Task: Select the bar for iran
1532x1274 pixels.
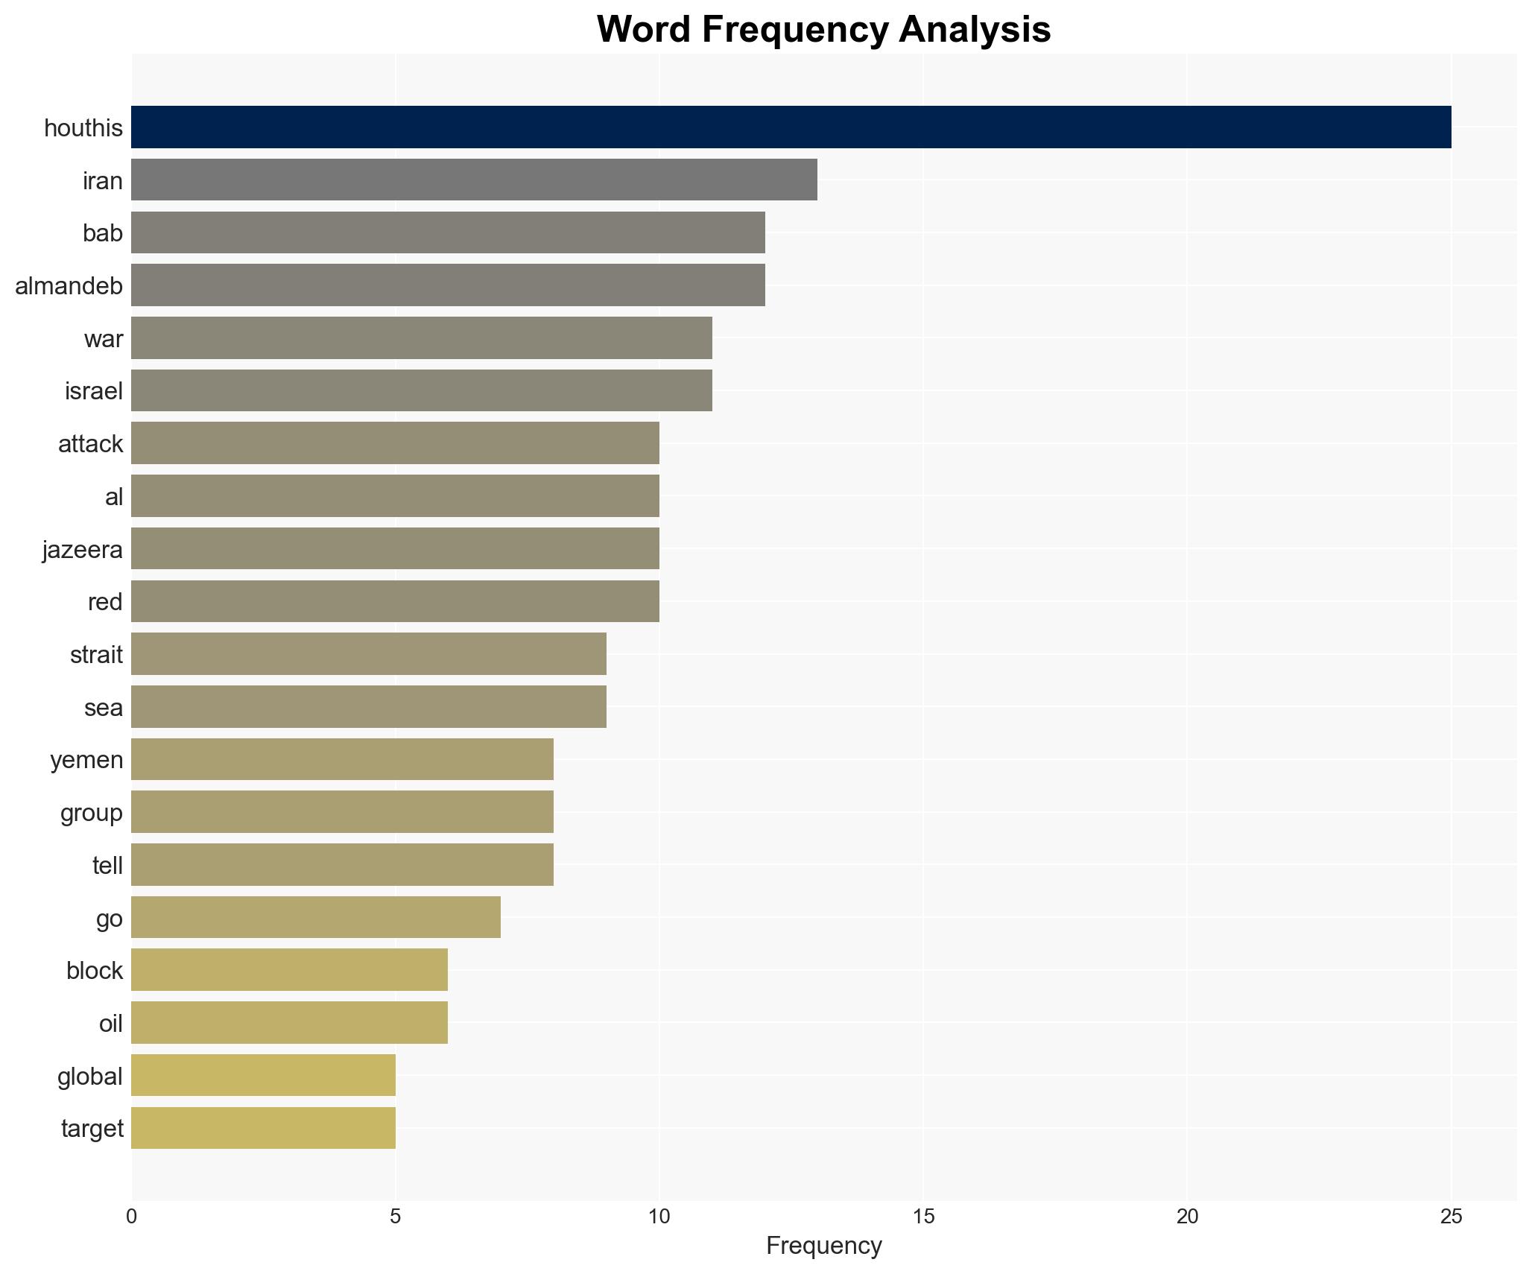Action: [x=474, y=180]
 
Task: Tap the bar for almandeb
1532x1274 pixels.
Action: [x=448, y=285]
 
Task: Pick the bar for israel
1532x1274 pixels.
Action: [x=422, y=390]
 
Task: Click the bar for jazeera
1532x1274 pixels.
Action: [x=395, y=549]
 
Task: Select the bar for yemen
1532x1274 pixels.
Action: [x=342, y=759]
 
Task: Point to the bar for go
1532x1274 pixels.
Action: [x=316, y=917]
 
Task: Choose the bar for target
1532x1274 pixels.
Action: [x=263, y=1128]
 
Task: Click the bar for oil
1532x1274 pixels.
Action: [x=289, y=1023]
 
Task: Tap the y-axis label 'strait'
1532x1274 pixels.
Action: [x=96, y=655]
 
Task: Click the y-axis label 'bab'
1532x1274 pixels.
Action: [x=102, y=233]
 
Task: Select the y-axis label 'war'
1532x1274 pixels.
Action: [x=103, y=339]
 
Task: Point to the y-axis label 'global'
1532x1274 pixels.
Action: [x=89, y=1077]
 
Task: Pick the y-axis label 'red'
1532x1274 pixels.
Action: [x=104, y=602]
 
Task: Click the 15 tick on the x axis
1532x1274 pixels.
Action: [x=923, y=1217]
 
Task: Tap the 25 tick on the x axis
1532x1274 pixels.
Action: [x=1451, y=1217]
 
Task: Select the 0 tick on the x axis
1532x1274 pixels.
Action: [x=132, y=1217]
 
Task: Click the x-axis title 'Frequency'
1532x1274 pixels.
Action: [x=823, y=1246]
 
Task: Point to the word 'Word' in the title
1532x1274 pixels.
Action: [x=643, y=30]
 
